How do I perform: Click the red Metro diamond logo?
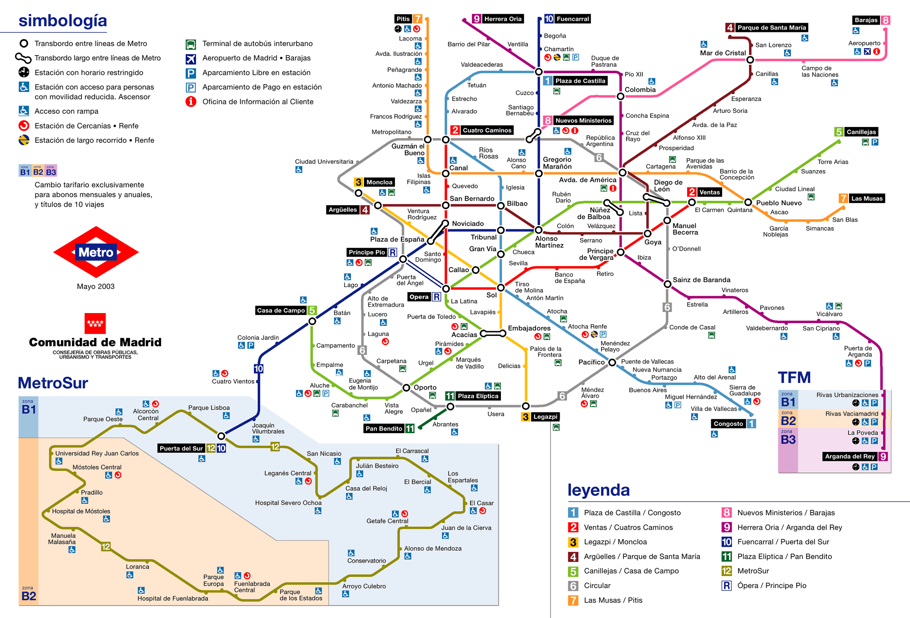point(96,252)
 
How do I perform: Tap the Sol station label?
point(491,295)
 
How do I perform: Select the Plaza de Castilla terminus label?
point(580,81)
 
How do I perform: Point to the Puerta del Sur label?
point(181,448)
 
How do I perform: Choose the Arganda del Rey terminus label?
point(849,456)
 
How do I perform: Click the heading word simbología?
point(63,20)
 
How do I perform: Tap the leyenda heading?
point(598,490)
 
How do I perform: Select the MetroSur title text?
point(53,383)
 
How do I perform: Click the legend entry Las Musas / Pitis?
point(613,600)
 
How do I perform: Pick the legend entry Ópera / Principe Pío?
point(772,586)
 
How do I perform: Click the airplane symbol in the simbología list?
point(191,58)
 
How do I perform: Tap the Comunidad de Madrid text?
point(95,342)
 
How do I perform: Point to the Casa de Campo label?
point(281,310)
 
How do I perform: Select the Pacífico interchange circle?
point(612,363)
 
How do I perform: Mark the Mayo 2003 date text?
point(96,286)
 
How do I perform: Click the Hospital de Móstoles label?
point(81,511)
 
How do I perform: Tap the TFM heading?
point(794,378)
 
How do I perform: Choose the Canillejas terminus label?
point(861,132)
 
